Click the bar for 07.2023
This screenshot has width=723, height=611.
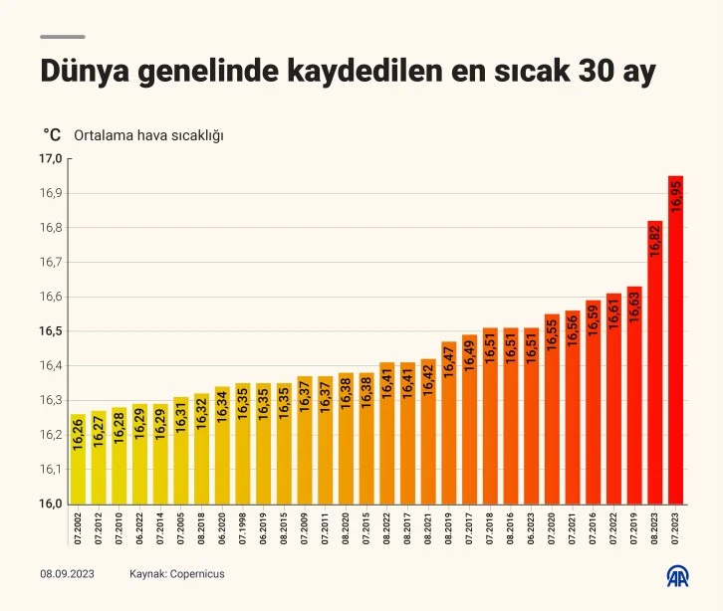coord(675,338)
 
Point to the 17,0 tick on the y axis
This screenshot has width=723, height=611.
coord(51,159)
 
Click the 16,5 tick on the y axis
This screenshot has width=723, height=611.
coord(51,331)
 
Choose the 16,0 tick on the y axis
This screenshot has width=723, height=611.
coord(51,504)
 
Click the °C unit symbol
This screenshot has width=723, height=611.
coord(52,134)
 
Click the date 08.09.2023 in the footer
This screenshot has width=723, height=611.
coord(67,574)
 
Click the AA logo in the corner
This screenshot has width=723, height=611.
coord(681,576)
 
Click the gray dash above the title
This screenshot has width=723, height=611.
coord(62,37)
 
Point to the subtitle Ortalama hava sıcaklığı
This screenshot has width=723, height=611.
coord(148,134)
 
